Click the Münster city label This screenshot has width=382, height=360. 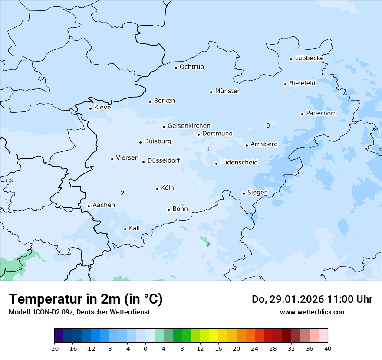point(227,91)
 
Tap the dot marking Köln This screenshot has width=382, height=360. point(157,189)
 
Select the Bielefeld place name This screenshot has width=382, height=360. point(302,83)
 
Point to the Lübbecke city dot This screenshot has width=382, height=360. point(291,59)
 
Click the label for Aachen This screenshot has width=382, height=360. point(104,205)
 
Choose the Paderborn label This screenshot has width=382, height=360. point(321,113)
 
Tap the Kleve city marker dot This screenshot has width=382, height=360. point(90,108)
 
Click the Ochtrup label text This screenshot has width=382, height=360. point(191,67)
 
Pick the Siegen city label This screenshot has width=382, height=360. point(257,193)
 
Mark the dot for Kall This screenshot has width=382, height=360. point(125,229)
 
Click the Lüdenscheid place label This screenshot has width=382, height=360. point(239,163)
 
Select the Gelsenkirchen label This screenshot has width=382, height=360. point(189,126)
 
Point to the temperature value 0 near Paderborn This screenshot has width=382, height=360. point(268,125)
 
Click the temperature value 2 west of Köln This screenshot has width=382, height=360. point(122,193)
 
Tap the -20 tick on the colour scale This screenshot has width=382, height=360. point(54,349)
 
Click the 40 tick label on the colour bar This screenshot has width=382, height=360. point(328,349)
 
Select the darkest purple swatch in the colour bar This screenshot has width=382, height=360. point(59,336)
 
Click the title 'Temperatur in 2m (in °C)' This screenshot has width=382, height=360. point(86,299)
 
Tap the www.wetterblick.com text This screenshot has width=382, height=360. point(313,312)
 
